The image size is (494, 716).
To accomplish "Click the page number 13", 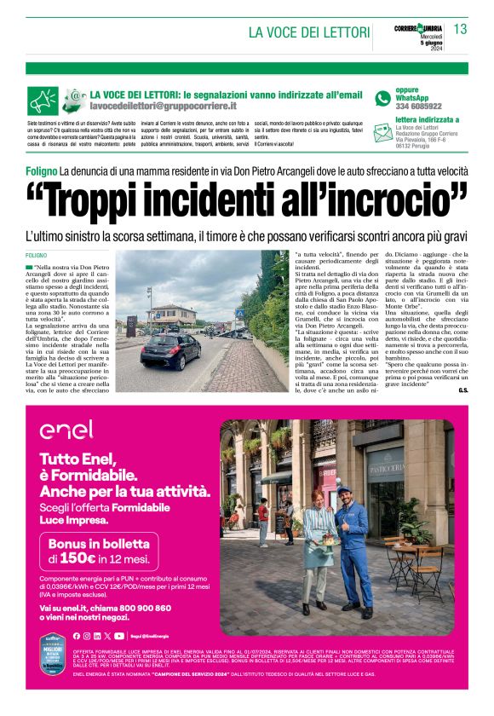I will [460, 30].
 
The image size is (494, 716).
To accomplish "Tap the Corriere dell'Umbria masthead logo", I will [418, 29].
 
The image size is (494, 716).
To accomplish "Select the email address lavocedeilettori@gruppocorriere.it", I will [163, 106].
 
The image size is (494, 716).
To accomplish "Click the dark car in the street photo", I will [170, 349].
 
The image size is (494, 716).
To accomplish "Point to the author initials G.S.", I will [462, 390].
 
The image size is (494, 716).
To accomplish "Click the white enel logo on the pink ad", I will [66, 429].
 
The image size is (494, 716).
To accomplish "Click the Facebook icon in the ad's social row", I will [76, 636].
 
